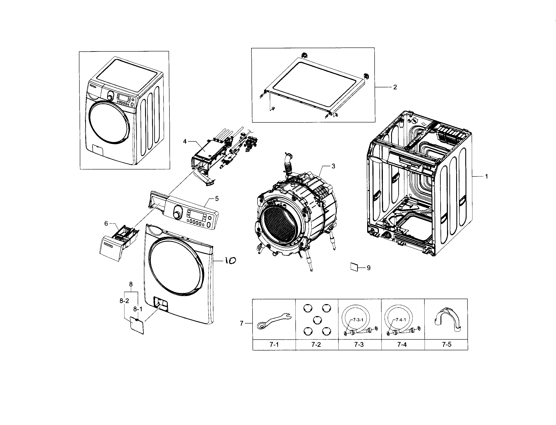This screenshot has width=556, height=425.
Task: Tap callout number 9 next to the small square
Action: [x=368, y=268]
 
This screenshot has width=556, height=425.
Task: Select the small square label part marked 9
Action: [x=354, y=267]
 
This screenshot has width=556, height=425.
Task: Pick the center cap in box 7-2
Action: [x=317, y=320]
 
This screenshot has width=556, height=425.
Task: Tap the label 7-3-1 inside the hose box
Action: [x=358, y=320]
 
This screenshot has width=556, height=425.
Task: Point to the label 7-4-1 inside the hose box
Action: [x=401, y=320]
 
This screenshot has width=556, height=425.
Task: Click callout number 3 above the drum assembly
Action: [x=333, y=166]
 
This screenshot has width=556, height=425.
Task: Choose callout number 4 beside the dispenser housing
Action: [x=185, y=141]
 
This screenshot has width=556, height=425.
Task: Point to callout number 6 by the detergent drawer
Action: [x=106, y=223]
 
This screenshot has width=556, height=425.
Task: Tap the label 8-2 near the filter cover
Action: [x=124, y=301]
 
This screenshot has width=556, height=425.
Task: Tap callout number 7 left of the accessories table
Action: [x=241, y=323]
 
